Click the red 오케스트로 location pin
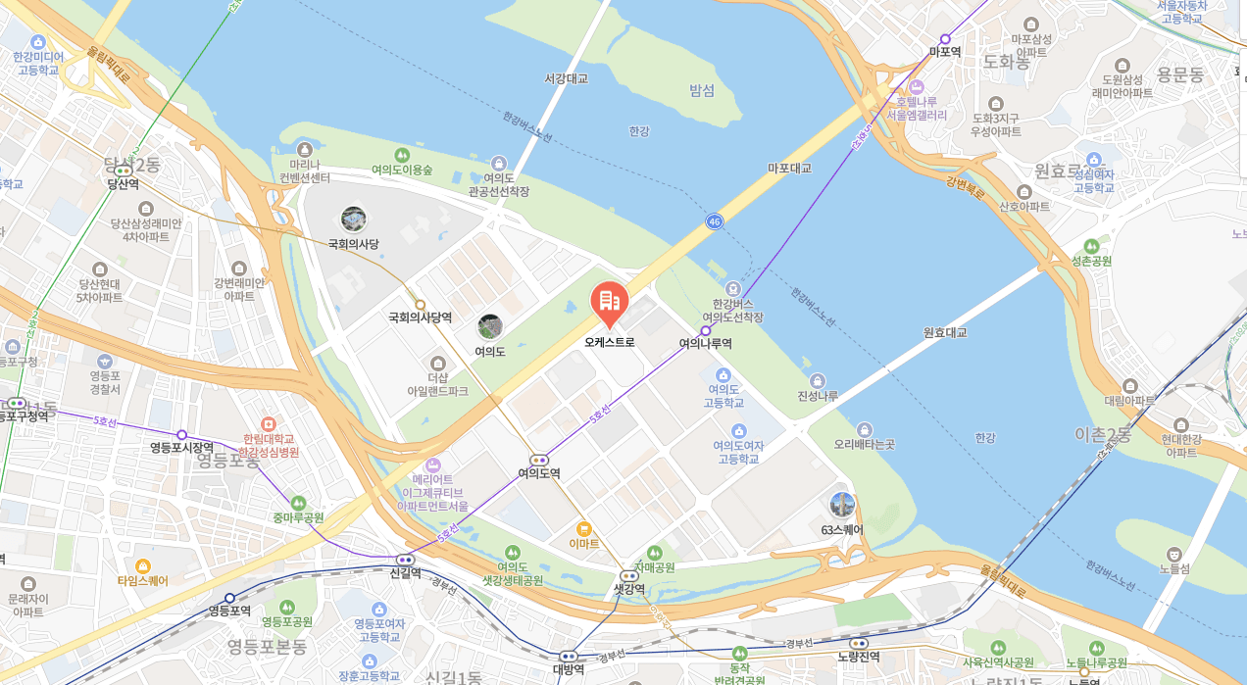[x=609, y=302]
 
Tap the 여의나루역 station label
[x=705, y=344]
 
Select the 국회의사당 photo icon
[x=353, y=220]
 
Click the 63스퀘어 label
[x=842, y=530]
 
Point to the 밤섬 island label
[x=702, y=90]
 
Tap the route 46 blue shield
[x=714, y=222]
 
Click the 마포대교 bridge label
[x=789, y=169]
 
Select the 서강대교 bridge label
[x=567, y=78]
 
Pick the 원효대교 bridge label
[x=945, y=332]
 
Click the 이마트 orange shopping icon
[x=584, y=528]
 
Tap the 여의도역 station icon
[x=539, y=460]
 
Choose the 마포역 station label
[x=945, y=52]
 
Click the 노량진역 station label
[x=859, y=657]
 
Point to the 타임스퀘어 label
[x=143, y=581]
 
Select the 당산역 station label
[x=124, y=184]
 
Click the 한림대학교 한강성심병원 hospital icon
[x=269, y=423]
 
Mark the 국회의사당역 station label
[x=420, y=318]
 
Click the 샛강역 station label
[x=628, y=589]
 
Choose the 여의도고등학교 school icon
[x=723, y=375]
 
